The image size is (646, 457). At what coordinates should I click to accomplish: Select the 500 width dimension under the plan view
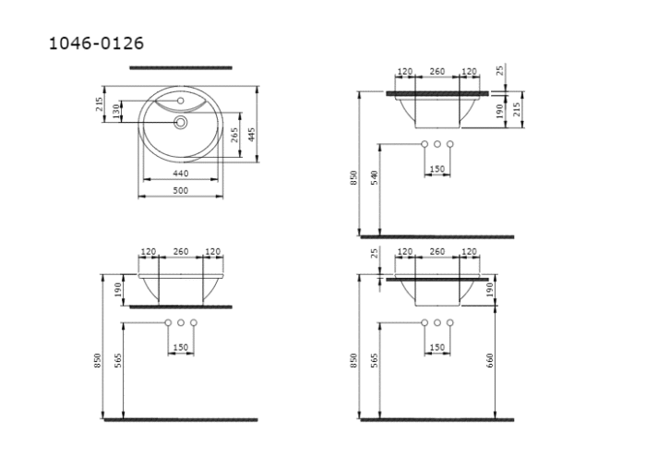point(181,190)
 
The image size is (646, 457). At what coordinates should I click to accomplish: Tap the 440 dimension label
point(181,174)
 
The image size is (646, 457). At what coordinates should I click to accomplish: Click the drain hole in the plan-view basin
point(181,121)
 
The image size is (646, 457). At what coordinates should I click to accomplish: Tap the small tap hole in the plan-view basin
point(181,99)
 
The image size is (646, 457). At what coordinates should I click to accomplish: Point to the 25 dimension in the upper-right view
point(499,71)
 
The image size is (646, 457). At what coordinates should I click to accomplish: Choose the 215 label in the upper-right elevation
point(518,109)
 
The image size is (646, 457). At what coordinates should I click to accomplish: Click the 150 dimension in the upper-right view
point(437,169)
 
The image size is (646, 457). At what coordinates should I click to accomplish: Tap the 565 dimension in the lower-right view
point(375,358)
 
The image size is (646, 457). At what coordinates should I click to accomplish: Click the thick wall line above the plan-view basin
point(181,67)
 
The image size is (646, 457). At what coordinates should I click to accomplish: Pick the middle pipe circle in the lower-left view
point(181,323)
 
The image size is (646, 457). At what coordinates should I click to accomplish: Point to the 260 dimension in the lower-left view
point(181,252)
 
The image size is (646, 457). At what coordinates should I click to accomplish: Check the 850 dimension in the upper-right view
point(353,179)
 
